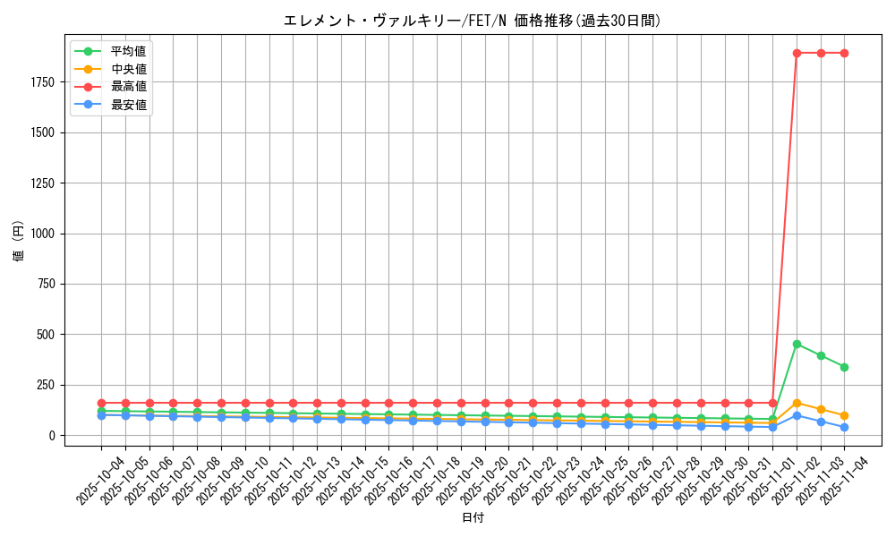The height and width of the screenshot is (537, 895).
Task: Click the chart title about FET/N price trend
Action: tap(472, 21)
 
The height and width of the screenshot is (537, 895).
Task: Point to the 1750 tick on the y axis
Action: tap(67, 82)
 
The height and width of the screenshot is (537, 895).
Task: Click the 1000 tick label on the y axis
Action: tap(67, 234)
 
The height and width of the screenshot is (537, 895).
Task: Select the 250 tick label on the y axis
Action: tap(71, 385)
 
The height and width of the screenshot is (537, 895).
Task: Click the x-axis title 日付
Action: tap(472, 518)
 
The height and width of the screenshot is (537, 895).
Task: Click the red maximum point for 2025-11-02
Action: tap(797, 53)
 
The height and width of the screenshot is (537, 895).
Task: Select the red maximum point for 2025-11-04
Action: tap(844, 53)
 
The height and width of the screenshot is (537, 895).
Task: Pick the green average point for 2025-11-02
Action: tap(797, 344)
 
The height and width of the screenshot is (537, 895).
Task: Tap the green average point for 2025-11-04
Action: tap(844, 367)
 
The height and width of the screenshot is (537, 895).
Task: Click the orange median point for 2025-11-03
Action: tap(821, 409)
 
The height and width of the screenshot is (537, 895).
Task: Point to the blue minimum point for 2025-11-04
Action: tap(844, 428)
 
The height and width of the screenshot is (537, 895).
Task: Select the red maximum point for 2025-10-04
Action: tap(101, 403)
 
